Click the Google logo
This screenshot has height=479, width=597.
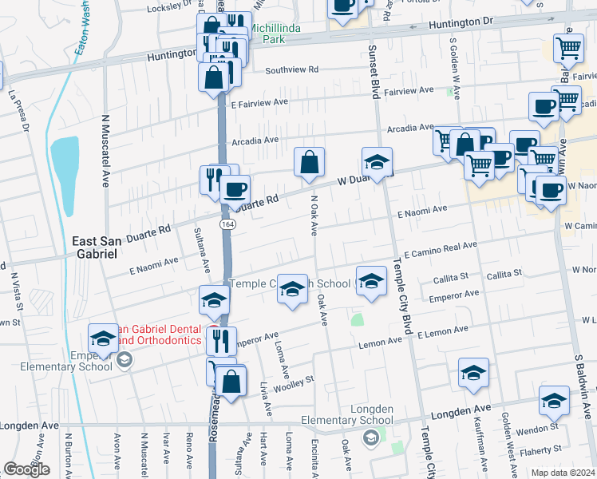click(x=27, y=469)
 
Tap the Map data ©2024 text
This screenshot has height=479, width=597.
click(x=562, y=473)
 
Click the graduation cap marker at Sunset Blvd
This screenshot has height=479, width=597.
click(x=378, y=162)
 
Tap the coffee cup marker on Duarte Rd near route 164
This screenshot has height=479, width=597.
click(x=234, y=190)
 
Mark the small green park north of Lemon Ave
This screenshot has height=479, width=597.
click(x=357, y=320)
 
